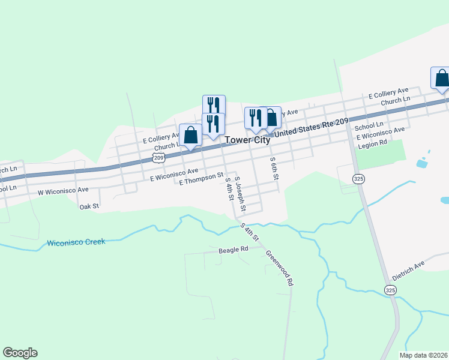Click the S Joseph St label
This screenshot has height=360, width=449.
240,194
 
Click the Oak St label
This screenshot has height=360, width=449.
89,206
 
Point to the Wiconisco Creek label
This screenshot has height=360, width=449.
76,242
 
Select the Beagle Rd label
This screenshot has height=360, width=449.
234,249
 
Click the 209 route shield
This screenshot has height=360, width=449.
158,158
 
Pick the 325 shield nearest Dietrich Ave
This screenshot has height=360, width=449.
391,290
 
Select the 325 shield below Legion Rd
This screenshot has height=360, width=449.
358,179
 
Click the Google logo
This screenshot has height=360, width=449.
20,353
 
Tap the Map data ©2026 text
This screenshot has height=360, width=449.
423,355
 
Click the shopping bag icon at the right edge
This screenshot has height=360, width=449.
441,79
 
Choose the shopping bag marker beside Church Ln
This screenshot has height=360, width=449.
191,135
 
